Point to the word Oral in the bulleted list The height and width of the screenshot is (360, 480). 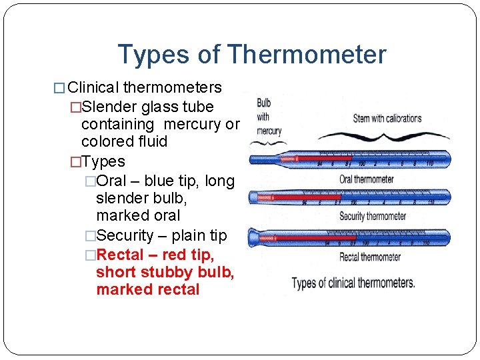(111, 181)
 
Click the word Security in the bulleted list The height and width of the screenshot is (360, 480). (125, 236)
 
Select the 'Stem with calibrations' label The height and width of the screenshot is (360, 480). (387, 119)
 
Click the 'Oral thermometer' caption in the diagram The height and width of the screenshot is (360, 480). (366, 179)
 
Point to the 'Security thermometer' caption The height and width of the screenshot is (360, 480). (373, 216)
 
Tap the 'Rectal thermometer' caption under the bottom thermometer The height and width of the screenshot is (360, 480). (370, 257)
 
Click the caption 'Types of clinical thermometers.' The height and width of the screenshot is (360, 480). (353, 283)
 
